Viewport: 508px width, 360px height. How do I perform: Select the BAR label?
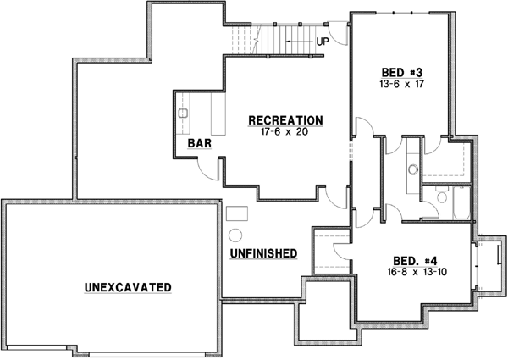200,145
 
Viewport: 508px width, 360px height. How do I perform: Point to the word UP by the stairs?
323,41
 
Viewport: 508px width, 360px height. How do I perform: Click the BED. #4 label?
415,261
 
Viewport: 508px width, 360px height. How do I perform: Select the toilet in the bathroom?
439,198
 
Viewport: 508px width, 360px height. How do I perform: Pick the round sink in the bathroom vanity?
413,170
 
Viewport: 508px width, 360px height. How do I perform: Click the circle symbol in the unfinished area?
236,235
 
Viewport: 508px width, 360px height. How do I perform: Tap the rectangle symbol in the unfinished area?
236,212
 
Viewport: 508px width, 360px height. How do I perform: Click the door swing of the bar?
208,169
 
